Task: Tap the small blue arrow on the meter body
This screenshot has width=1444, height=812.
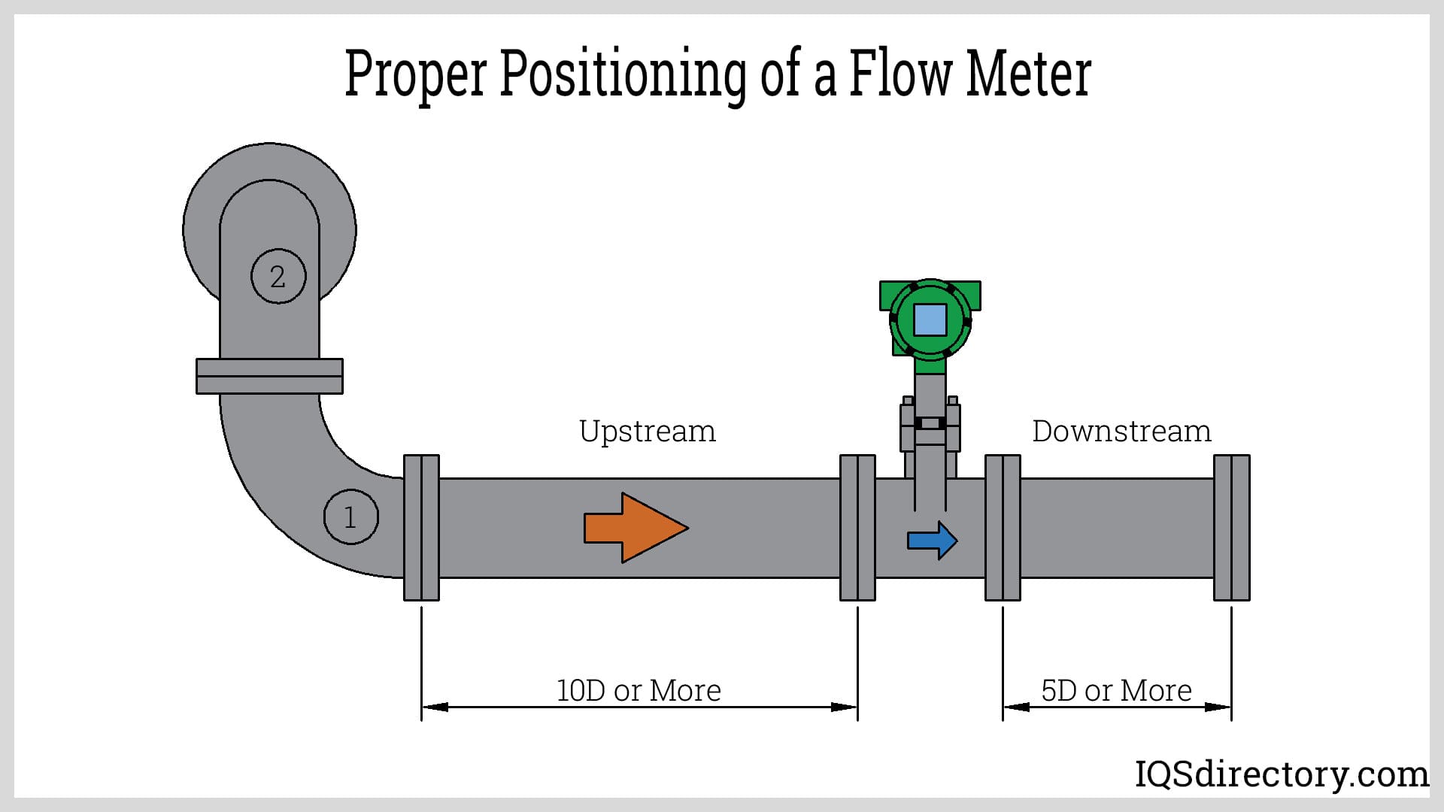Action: pyautogui.click(x=932, y=540)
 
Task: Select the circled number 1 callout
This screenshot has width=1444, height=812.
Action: pyautogui.click(x=350, y=517)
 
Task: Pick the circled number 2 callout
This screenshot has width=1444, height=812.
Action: pyautogui.click(x=278, y=277)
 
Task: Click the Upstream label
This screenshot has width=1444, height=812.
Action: pyautogui.click(x=647, y=432)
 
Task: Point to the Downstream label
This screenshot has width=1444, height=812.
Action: pyautogui.click(x=1121, y=432)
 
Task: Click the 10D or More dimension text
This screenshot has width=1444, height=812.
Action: pyautogui.click(x=639, y=690)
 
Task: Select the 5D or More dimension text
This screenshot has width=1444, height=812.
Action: pyautogui.click(x=1116, y=690)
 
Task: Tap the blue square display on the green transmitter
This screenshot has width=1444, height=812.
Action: pyautogui.click(x=930, y=320)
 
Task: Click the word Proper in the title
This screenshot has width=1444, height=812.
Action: pyautogui.click(x=415, y=75)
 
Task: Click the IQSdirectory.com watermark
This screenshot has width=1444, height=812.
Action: pyautogui.click(x=1281, y=774)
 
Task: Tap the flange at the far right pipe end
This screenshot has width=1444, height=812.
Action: pyautogui.click(x=1232, y=528)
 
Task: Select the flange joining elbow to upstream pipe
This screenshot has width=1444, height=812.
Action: pyautogui.click(x=421, y=528)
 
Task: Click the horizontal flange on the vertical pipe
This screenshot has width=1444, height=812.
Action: pyautogui.click(x=269, y=376)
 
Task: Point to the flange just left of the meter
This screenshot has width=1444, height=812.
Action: pyautogui.click(x=857, y=528)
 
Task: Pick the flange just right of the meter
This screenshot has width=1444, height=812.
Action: pyautogui.click(x=1003, y=528)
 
